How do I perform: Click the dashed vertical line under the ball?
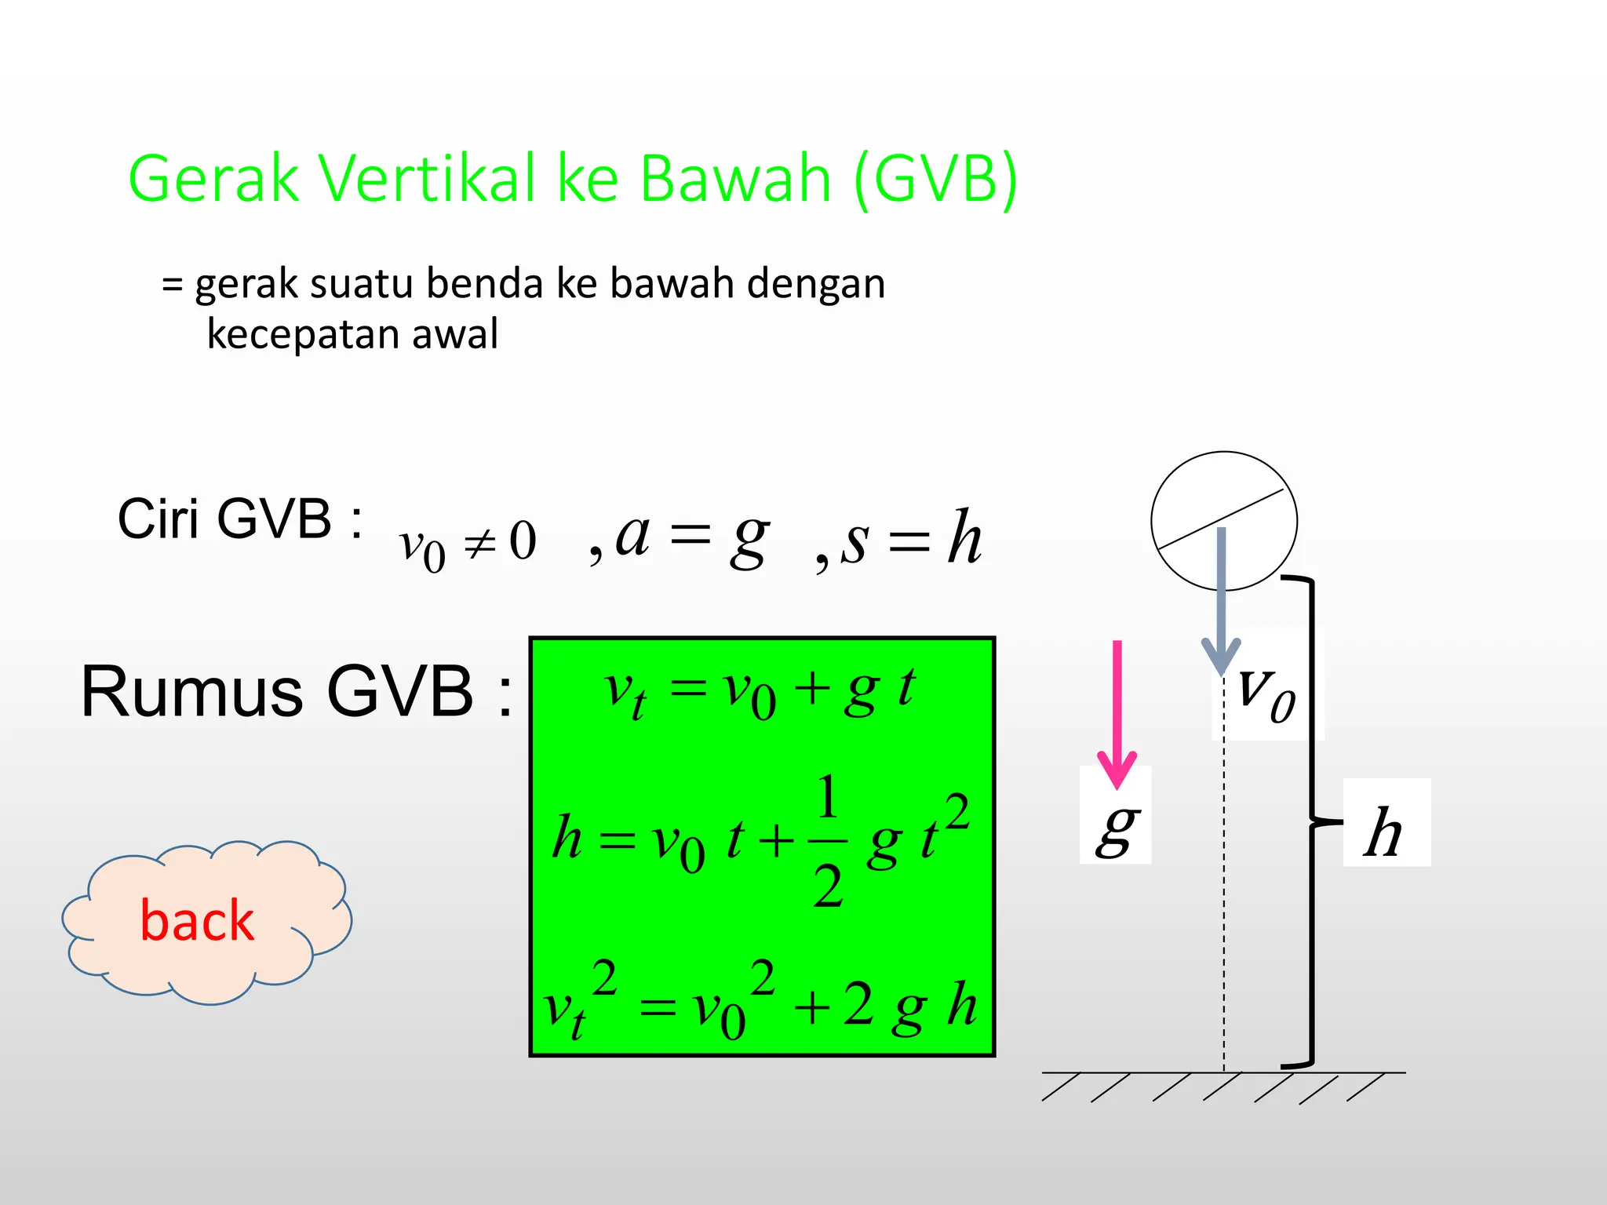(x=1224, y=902)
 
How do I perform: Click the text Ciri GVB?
(x=239, y=519)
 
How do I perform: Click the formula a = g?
(x=691, y=537)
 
